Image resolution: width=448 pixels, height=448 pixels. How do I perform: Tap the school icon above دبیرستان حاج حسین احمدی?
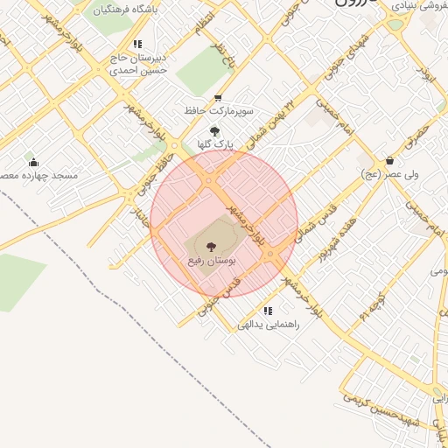(x=137, y=44)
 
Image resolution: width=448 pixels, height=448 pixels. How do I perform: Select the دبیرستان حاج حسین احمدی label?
(x=137, y=64)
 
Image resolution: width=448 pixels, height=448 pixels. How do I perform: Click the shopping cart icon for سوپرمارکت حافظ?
(x=218, y=98)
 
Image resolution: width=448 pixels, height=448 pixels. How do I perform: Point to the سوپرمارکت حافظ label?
(x=219, y=112)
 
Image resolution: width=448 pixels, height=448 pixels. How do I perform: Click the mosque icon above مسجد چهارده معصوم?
(x=33, y=162)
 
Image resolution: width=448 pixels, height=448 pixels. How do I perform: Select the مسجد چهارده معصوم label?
(x=38, y=176)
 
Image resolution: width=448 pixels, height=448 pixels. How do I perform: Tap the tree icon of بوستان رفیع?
(x=210, y=247)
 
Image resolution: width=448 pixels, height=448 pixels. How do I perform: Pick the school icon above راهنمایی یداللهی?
(x=268, y=311)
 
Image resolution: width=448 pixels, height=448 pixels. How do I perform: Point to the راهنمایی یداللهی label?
(x=269, y=325)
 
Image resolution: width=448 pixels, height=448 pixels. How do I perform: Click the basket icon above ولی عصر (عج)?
(x=389, y=160)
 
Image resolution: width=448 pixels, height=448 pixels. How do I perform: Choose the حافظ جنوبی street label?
(x=150, y=171)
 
